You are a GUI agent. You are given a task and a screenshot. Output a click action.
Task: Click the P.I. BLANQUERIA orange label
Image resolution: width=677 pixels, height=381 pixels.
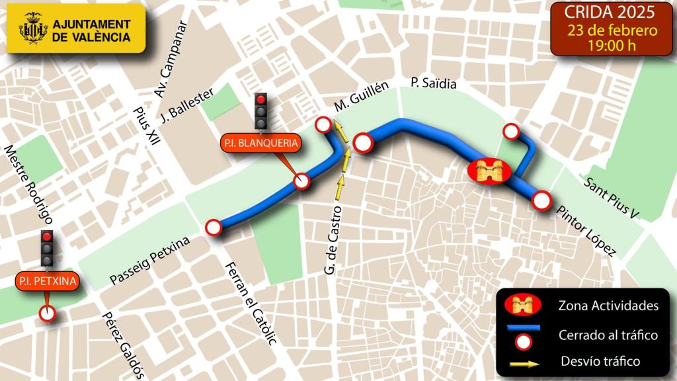point(260,143)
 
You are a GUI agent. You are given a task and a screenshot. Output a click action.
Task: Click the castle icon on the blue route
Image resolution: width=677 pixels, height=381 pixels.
point(489,171)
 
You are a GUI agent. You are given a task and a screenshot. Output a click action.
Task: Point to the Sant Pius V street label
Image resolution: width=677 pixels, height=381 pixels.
point(614,198)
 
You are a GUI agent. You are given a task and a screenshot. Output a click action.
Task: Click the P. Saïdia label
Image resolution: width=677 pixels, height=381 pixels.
point(433,84)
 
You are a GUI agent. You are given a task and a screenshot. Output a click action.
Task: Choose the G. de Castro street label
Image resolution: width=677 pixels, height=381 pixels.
point(333,241)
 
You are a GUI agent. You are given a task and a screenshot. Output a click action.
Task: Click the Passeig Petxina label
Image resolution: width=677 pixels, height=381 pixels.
point(149,261)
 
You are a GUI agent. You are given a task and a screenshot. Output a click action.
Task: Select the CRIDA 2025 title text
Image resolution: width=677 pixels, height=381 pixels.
point(610,13)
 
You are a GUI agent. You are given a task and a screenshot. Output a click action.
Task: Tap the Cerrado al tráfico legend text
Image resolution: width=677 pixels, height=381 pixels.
point(608,335)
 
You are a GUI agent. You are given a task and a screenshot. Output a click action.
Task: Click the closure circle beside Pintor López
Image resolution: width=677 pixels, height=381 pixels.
point(541,200)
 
